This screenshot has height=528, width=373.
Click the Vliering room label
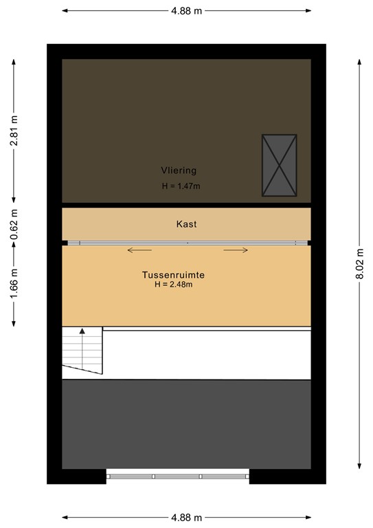179,170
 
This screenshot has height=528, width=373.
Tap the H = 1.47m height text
181,186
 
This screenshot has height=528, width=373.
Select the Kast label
187,224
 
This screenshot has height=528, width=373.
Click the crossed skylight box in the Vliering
279,166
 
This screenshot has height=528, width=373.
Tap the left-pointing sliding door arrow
139,250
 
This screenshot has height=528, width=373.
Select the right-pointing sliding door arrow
235,250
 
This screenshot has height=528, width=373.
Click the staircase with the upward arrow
82,351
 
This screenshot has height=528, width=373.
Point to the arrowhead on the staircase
82,331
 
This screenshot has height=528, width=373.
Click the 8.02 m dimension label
358,265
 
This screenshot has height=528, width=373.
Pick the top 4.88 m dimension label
186,11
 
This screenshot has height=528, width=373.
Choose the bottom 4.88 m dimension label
186,518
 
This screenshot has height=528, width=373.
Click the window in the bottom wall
177,476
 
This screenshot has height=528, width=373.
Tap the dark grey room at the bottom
186,424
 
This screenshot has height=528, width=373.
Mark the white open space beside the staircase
206,353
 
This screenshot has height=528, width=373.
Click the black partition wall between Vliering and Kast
186,204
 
